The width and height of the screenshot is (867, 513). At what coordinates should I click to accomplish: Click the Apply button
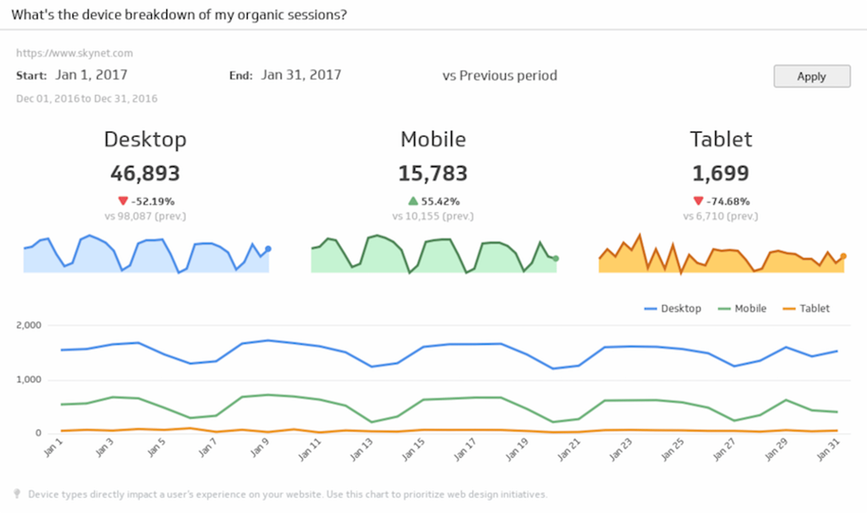[811, 76]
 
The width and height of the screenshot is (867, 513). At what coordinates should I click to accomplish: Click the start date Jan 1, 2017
[91, 75]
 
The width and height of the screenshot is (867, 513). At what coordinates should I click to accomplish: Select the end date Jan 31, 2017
[301, 75]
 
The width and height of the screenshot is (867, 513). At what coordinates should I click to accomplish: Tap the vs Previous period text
[499, 76]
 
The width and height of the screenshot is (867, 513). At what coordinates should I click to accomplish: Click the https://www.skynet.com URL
[75, 53]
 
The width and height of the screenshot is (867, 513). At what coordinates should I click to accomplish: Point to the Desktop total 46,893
[145, 173]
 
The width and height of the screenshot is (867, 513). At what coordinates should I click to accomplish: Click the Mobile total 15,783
[433, 173]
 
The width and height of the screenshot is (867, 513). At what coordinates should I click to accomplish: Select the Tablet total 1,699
[720, 173]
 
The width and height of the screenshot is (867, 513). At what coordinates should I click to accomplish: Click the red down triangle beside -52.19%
[123, 201]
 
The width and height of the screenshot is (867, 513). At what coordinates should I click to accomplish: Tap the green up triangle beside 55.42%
[413, 201]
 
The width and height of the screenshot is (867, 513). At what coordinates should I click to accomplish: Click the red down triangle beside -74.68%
[698, 201]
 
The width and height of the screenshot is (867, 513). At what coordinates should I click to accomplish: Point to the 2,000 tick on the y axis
[29, 325]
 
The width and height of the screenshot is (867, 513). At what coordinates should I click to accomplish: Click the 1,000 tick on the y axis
[29, 380]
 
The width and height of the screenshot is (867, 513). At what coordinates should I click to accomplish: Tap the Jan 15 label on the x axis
[413, 449]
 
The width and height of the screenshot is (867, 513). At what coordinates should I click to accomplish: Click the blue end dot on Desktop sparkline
[268, 249]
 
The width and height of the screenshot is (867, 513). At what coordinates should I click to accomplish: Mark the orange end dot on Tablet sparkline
[843, 256]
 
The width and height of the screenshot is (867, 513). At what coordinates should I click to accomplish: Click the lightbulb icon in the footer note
[17, 494]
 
